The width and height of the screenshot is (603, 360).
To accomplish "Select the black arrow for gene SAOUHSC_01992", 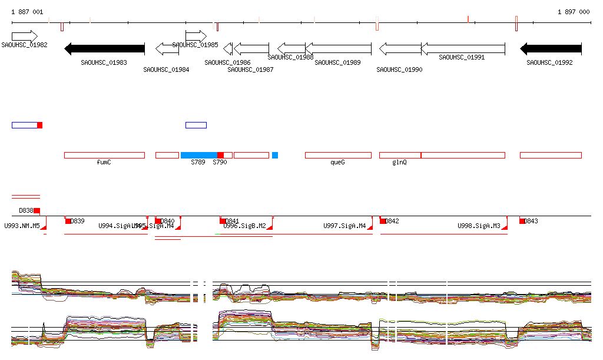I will pyautogui.click(x=551, y=48).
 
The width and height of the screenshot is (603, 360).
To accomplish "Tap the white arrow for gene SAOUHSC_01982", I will pyautogui.click(x=24, y=36).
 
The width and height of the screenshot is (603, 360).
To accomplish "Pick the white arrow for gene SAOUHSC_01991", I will pyautogui.click(x=463, y=48).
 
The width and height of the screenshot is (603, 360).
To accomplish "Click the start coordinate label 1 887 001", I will pyautogui.click(x=27, y=12).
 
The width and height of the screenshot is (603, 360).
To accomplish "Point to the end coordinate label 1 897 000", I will pyautogui.click(x=573, y=12).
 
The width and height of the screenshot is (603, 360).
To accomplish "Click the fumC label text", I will pyautogui.click(x=104, y=162).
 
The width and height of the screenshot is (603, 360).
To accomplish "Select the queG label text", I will pyautogui.click(x=337, y=162).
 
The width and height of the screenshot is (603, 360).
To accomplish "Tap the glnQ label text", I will pyautogui.click(x=399, y=162).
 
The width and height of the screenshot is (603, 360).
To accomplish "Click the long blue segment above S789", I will pyautogui.click(x=199, y=155).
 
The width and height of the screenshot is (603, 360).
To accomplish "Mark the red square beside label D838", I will pyautogui.click(x=37, y=210).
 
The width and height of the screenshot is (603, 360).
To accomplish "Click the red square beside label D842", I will pyautogui.click(x=383, y=221).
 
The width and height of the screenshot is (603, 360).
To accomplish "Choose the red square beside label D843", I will pyautogui.click(x=522, y=221).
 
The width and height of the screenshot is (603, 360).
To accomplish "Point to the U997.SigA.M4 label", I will pyautogui.click(x=344, y=226).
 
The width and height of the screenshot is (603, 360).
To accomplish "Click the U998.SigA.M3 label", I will pyautogui.click(x=479, y=226).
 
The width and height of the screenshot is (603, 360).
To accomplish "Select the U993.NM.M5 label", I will pyautogui.click(x=22, y=226).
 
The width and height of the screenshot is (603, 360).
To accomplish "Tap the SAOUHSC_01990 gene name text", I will pyautogui.click(x=399, y=70).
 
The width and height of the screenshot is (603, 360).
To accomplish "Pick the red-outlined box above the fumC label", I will pyautogui.click(x=104, y=155).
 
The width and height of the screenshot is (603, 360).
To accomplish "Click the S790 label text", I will pyautogui.click(x=220, y=162).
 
